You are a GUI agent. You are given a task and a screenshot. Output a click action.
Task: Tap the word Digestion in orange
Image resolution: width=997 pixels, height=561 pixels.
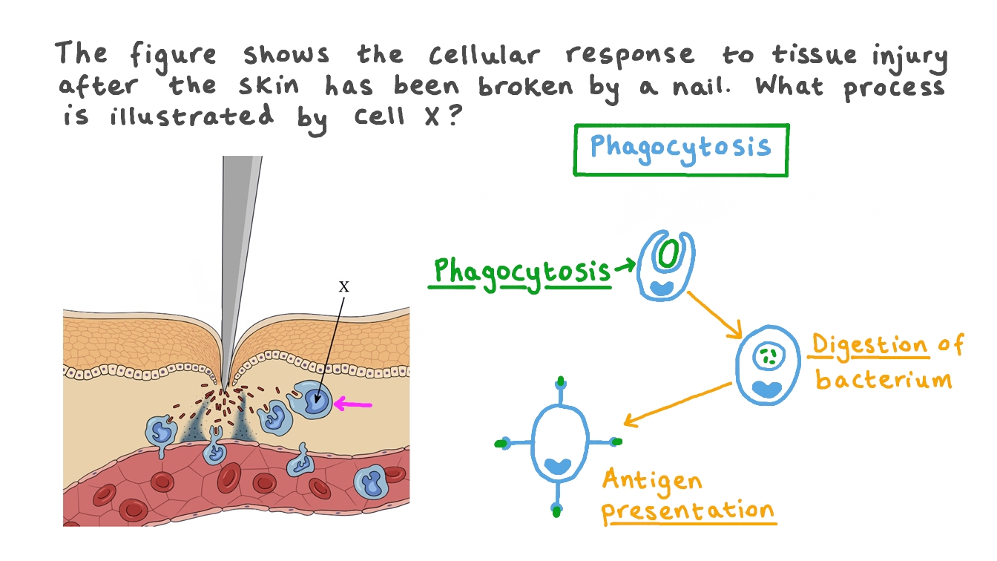tap(869, 347)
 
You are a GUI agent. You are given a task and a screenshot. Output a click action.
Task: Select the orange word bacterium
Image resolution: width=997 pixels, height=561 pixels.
tap(883, 379)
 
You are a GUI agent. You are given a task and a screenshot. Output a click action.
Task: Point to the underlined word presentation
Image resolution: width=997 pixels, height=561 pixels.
tap(687, 511)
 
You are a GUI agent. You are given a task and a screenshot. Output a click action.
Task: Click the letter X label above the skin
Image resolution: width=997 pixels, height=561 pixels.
tap(343, 286)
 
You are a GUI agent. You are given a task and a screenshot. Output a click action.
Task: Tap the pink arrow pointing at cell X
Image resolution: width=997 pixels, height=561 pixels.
tap(352, 404)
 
